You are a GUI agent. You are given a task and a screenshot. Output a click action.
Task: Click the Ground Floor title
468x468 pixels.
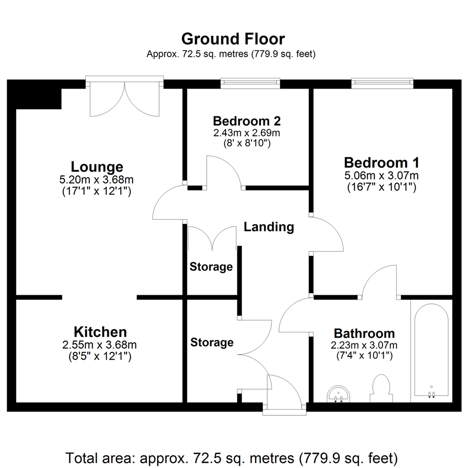(x=233, y=39)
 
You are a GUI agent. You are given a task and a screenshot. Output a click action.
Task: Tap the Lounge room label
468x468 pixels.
(x=97, y=167)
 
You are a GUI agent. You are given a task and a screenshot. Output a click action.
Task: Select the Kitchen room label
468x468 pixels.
(x=100, y=332)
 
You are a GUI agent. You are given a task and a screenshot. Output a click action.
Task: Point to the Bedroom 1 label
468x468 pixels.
(x=382, y=163)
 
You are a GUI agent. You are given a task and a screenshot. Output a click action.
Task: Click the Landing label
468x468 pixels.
(x=269, y=227)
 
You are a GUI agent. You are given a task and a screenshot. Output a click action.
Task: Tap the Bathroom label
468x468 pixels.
(x=364, y=334)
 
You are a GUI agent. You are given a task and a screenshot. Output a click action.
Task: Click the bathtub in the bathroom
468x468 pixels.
(x=431, y=351)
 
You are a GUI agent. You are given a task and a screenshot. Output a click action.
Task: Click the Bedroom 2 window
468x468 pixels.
(x=250, y=83)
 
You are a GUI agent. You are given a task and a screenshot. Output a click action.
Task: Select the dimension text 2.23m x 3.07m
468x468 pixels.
(x=364, y=345)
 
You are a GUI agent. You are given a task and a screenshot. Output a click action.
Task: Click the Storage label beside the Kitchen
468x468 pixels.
(x=212, y=343)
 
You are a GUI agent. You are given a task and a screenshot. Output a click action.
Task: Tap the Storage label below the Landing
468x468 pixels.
(x=211, y=267)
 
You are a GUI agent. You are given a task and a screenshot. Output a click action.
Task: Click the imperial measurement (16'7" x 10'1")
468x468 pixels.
(x=382, y=187)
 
